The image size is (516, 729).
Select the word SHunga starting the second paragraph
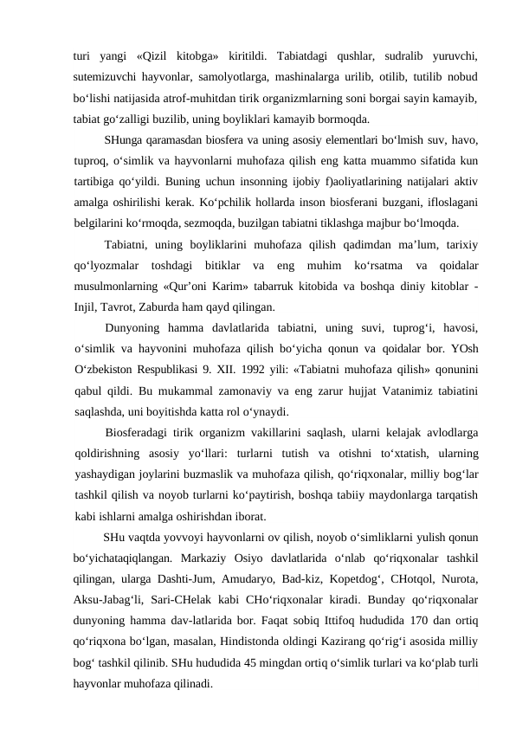[120, 139]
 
